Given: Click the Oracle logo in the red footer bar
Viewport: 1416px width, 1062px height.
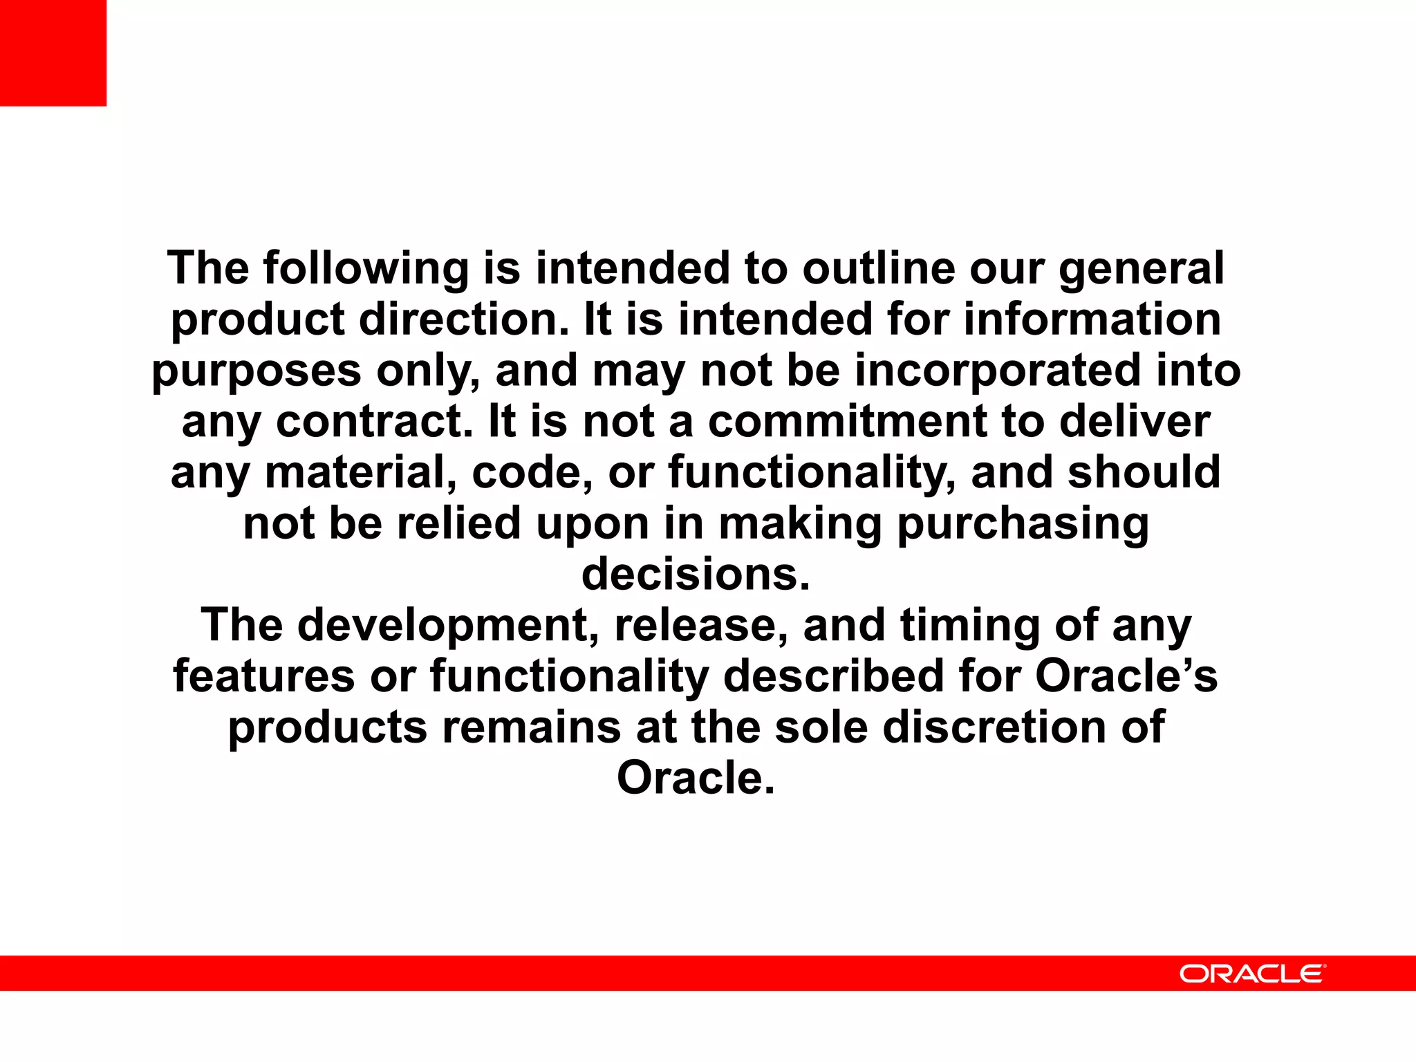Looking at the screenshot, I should coord(1252,973).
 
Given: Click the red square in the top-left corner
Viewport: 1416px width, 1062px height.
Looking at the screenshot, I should coord(53,53).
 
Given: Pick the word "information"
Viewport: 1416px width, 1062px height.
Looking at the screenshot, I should coord(1092,319).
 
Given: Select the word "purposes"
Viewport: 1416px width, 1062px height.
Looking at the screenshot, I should coord(257,371).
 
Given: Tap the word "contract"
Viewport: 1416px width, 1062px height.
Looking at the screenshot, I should coord(374,422).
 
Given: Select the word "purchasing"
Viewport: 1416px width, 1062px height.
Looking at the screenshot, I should coord(1023,524).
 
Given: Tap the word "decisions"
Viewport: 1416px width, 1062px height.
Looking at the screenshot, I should coord(696,575).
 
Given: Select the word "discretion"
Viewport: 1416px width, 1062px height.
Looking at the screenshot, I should coord(995,727).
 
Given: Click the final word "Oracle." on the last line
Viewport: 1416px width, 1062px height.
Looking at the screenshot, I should coord(696,779).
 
